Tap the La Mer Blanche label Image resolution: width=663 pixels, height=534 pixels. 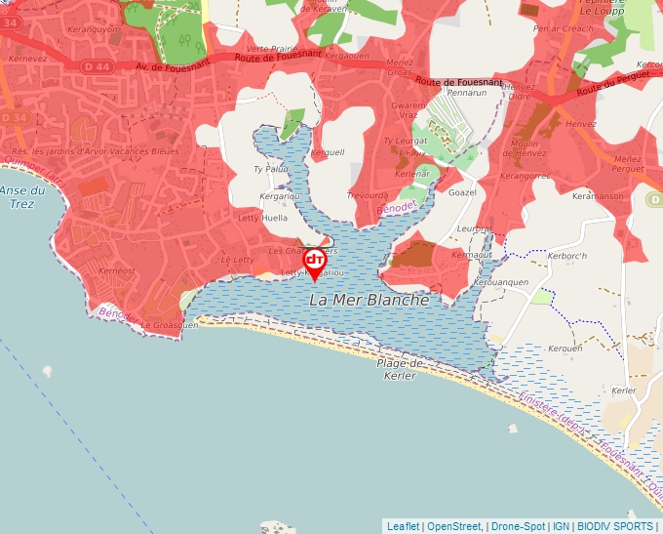pyautogui.click(x=369, y=301)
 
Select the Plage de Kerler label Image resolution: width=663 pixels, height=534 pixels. pyautogui.click(x=402, y=369)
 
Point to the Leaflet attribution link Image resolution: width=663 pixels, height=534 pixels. pyautogui.click(x=404, y=526)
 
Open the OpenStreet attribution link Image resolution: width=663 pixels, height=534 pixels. pyautogui.click(x=455, y=526)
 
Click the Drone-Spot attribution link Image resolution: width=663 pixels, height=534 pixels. pyautogui.click(x=519, y=526)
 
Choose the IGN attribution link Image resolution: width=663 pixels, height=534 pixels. pyautogui.click(x=562, y=526)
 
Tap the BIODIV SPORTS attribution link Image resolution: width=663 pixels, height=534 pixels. pyautogui.click(x=615, y=526)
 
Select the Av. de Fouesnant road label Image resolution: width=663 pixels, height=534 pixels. pyautogui.click(x=175, y=67)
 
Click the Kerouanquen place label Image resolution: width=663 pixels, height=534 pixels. pyautogui.click(x=500, y=282)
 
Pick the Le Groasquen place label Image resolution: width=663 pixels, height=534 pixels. pyautogui.click(x=171, y=325)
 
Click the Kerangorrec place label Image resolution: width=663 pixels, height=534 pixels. pyautogui.click(x=525, y=177)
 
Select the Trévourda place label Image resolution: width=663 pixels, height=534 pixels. pyautogui.click(x=368, y=195)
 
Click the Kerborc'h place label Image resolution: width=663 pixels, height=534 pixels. pyautogui.click(x=568, y=257)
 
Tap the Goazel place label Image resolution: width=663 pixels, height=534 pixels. pyautogui.click(x=462, y=192)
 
